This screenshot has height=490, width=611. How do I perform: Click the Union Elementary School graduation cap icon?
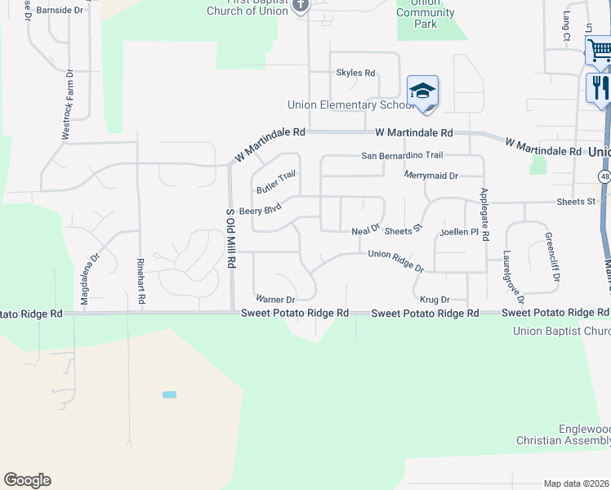422,91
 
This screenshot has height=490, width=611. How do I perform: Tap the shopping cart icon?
600,51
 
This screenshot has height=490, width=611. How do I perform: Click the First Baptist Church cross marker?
300,5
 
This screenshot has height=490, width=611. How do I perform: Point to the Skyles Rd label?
355,73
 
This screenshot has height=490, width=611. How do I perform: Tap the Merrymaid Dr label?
431,176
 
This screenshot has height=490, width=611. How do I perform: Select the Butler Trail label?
275,182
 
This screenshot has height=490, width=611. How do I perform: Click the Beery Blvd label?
260,209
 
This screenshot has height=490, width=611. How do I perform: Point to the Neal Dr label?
366,231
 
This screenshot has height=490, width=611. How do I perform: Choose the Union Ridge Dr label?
396,261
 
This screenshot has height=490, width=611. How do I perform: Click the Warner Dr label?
274,299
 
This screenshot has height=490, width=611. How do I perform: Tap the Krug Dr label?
434,300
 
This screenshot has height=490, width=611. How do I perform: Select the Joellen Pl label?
458,232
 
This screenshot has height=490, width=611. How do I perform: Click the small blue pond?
169,395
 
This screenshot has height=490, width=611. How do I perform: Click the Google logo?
27,480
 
